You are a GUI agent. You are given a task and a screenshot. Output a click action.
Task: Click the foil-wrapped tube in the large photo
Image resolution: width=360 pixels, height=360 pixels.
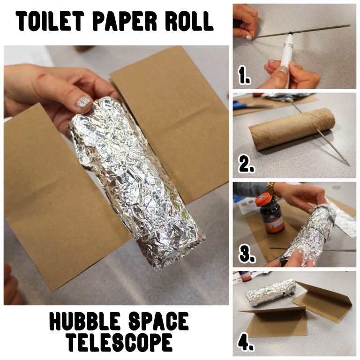(x=136, y=183)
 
